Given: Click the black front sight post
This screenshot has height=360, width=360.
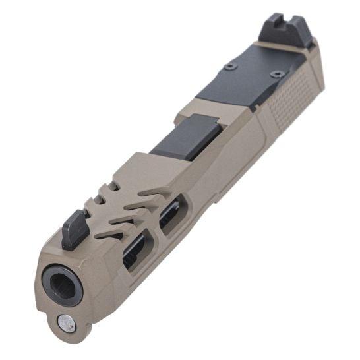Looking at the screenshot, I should pyautogui.click(x=75, y=230).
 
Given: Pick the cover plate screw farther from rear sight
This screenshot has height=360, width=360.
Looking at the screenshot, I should pyautogui.click(x=229, y=66).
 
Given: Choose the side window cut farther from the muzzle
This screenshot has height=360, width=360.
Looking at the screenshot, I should pyautogui.click(x=170, y=218).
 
